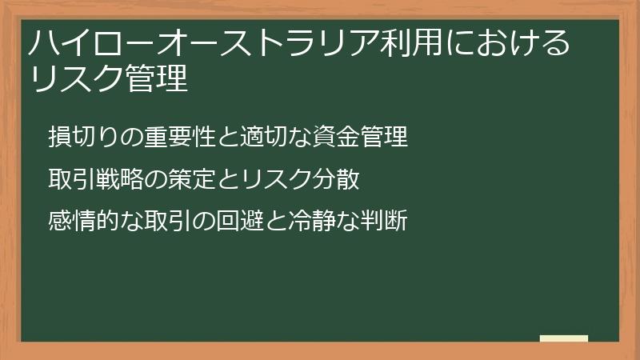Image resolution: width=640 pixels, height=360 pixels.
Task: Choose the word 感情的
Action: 81,220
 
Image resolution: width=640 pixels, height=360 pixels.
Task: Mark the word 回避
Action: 237,220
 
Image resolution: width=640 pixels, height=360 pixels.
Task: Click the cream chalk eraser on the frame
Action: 563,338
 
